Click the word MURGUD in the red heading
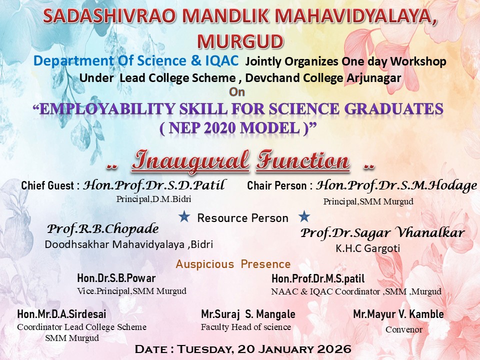click(x=240, y=41)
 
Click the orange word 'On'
click(x=237, y=92)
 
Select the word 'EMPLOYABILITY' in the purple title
click(x=108, y=109)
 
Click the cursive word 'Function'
click(x=303, y=160)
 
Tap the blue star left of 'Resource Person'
click(x=184, y=216)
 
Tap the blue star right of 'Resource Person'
click(x=304, y=216)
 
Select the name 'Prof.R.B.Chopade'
click(x=103, y=229)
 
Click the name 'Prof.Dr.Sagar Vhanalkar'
click(x=382, y=232)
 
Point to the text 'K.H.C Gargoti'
click(x=368, y=248)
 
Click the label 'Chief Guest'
click(x=47, y=185)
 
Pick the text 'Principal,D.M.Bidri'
click(x=153, y=199)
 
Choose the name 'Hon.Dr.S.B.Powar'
click(x=116, y=278)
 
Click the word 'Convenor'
click(x=404, y=329)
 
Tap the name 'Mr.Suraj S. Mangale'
click(x=248, y=314)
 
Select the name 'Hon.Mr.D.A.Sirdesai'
click(x=62, y=314)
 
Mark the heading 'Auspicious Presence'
click(x=233, y=264)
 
